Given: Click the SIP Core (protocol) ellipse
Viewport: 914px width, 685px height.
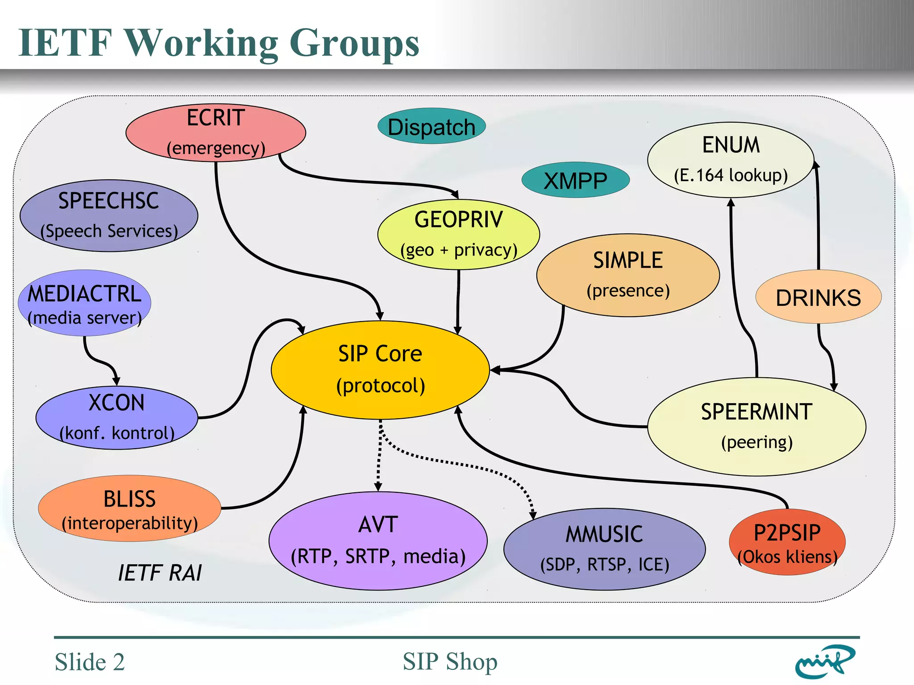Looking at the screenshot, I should pos(380,370).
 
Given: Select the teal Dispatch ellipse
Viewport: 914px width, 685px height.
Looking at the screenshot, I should pos(432,127).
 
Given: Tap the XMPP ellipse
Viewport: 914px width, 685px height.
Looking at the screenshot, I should pos(575,181).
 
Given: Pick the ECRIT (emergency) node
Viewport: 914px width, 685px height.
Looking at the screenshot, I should pos(216,132).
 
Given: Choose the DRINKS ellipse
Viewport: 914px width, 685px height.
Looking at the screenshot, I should pos(818,297).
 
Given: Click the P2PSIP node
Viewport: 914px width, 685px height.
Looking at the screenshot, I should pos(787,542).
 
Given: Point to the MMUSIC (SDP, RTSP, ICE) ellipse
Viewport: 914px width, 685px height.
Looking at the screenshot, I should pos(604,549).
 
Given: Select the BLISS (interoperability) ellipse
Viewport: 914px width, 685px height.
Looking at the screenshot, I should pos(129,508).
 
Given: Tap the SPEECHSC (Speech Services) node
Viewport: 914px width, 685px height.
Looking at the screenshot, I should pos(109,215).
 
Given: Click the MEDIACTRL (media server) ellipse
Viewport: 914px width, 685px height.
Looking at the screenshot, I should pos(84,303).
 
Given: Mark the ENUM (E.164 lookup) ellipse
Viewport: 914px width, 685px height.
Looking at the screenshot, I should pos(731,160).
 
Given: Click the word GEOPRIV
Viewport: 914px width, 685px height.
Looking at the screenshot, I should pos(458,219).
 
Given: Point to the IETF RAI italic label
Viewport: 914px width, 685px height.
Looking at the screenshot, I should pos(160,573).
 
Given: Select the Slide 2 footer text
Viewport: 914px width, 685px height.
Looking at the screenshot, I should pos(90,661).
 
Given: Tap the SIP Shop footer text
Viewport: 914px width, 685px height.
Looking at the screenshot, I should pos(450,661).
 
